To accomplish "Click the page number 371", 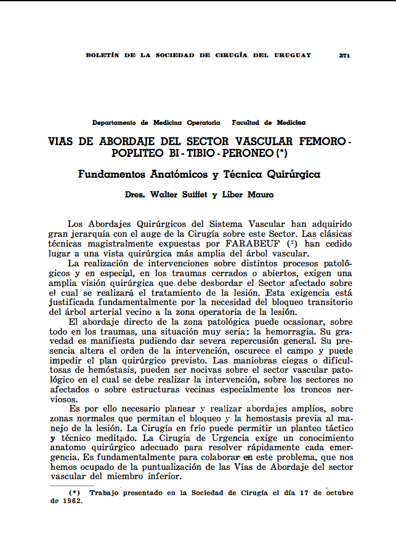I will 344,55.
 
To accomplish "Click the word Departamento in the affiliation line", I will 114,123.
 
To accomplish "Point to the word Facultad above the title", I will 251,123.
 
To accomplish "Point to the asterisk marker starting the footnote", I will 75,493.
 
